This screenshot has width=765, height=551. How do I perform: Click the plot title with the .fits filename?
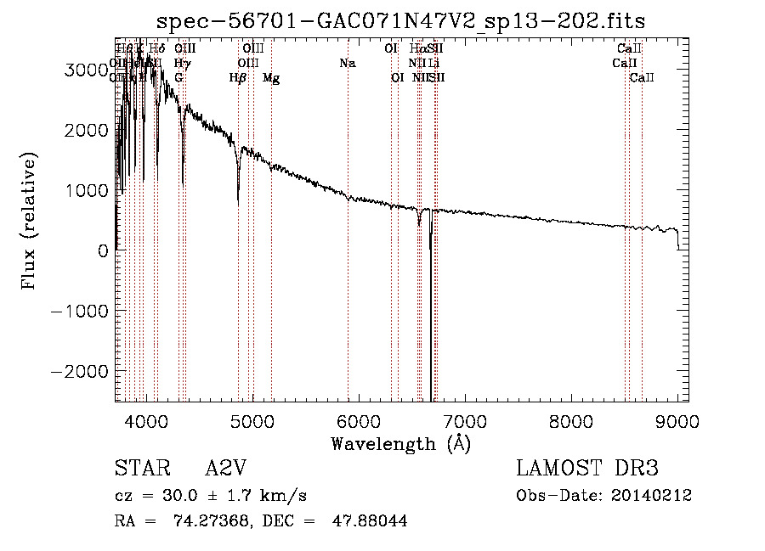pos(401,21)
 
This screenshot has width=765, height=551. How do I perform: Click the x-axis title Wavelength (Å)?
pos(401,443)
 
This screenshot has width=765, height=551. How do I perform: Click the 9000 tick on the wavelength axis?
pos(677,421)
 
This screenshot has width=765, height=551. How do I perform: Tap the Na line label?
pos(347,64)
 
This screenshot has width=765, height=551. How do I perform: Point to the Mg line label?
pos(271,78)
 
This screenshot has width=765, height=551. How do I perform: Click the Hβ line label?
pos(238,78)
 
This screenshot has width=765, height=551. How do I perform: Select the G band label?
pos(178,78)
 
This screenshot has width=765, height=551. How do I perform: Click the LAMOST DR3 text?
pos(587,469)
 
